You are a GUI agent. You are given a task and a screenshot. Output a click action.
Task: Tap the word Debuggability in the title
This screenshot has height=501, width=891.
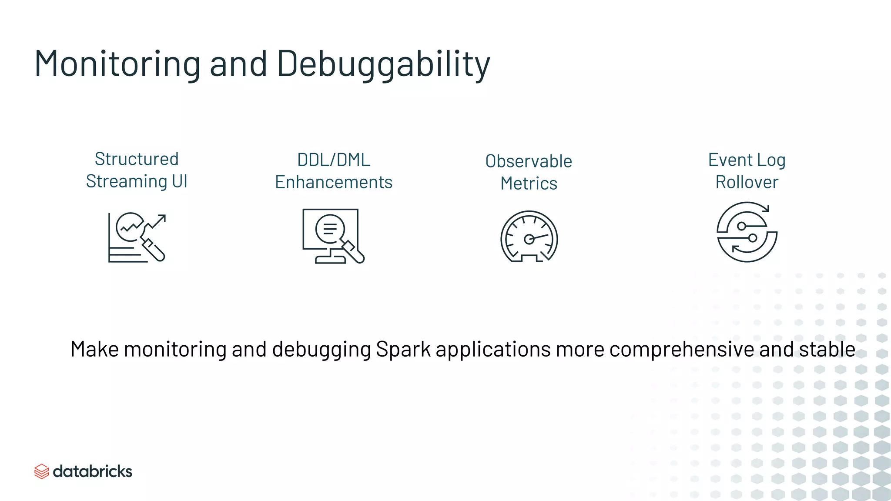383,64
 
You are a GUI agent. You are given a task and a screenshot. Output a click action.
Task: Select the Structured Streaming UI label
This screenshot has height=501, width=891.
137,170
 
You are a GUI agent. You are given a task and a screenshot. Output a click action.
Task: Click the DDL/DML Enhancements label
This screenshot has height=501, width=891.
334,171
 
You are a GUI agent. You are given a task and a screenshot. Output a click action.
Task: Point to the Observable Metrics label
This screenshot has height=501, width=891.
529,172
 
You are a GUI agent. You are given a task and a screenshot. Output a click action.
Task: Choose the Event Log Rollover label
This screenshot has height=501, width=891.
747,171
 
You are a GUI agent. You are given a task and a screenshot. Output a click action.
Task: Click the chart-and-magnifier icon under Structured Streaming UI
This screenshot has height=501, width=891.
137,237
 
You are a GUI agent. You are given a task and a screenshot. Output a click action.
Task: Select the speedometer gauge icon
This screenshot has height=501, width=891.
529,237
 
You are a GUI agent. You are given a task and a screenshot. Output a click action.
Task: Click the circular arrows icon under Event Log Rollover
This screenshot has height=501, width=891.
747,232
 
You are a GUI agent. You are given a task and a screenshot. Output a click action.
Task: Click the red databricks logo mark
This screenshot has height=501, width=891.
41,471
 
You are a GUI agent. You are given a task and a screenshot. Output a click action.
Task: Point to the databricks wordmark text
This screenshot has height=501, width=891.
92,471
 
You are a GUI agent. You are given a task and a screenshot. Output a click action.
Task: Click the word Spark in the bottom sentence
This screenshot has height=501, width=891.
403,349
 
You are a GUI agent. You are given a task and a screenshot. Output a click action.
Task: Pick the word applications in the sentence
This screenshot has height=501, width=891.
493,349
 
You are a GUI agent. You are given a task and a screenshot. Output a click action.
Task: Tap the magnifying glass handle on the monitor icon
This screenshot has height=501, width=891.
355,253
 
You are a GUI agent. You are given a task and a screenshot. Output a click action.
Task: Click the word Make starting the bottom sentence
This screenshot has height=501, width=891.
94,349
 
